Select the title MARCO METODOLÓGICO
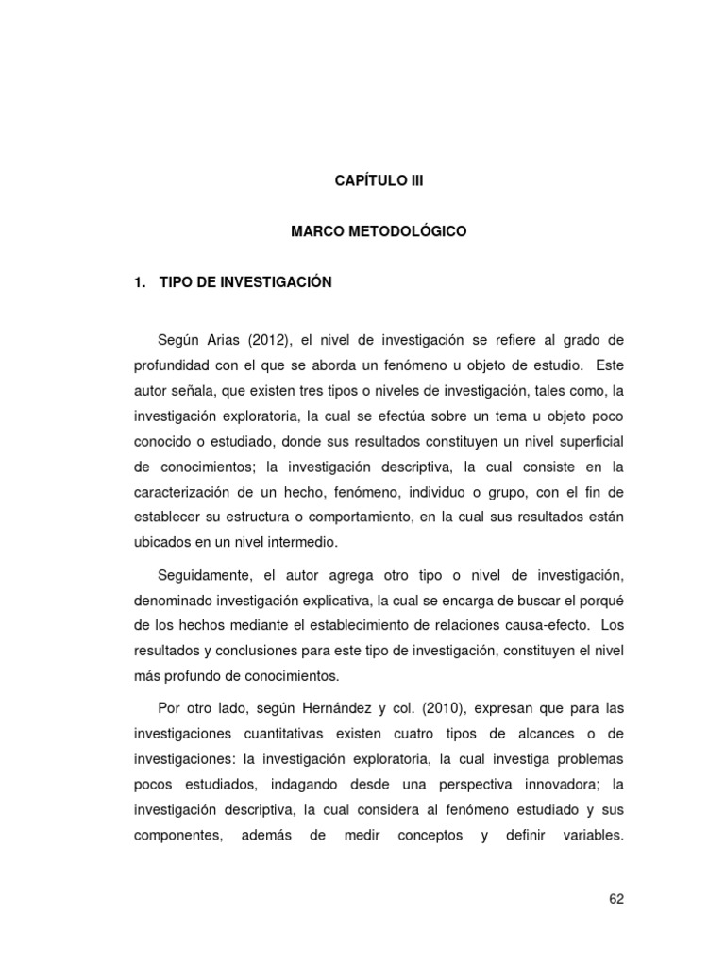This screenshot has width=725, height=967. click(x=378, y=230)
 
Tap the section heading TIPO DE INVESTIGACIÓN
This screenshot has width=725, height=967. click(x=246, y=281)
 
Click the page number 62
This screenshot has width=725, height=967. click(x=616, y=899)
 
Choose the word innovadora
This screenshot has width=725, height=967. click(x=546, y=785)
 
